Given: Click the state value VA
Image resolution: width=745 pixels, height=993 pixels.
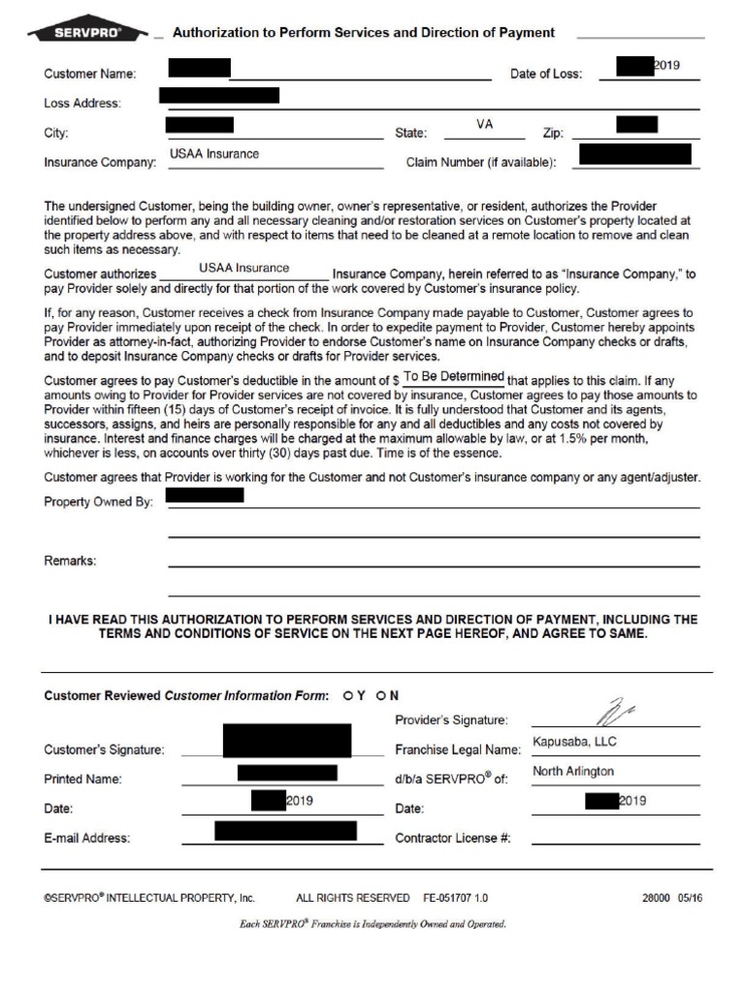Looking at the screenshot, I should click(x=484, y=125).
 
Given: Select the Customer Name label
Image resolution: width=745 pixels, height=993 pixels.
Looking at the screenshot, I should click(x=90, y=74).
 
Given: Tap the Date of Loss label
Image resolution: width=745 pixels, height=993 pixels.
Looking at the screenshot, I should click(x=546, y=74).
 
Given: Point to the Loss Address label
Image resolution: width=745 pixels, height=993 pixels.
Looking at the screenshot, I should click(x=82, y=104).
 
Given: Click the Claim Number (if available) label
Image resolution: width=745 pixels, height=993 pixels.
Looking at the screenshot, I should click(x=480, y=163).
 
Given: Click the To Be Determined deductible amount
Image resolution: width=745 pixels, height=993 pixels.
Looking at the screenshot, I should click(x=454, y=376).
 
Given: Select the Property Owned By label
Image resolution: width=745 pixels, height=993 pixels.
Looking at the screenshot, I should click(x=99, y=501).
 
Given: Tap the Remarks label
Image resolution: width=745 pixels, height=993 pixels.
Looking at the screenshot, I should click(x=71, y=561).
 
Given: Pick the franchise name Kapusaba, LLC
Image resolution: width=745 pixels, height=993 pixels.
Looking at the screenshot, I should click(x=575, y=742).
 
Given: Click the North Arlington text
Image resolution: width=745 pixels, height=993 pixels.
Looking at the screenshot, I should click(x=573, y=771).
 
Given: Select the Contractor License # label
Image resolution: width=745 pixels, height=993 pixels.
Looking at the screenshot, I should click(x=453, y=838).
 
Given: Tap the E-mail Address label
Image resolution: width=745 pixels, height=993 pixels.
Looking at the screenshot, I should click(x=87, y=838).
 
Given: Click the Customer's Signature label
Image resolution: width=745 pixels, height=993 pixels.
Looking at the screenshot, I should click(x=104, y=750).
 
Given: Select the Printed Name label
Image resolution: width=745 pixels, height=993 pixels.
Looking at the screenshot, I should click(x=82, y=779).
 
